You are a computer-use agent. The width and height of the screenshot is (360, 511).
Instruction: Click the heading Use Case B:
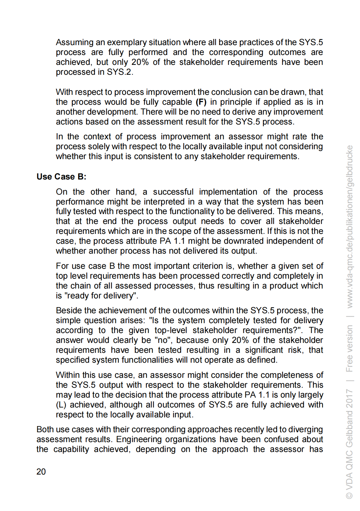tap(61, 177)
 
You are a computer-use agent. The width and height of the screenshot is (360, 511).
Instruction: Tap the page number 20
tap(41, 471)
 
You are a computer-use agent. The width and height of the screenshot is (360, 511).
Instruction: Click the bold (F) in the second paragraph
tap(201, 102)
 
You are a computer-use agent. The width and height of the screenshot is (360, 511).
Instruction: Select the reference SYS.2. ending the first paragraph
tap(120, 72)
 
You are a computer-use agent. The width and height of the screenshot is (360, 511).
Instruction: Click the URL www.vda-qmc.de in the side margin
tap(349, 278)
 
